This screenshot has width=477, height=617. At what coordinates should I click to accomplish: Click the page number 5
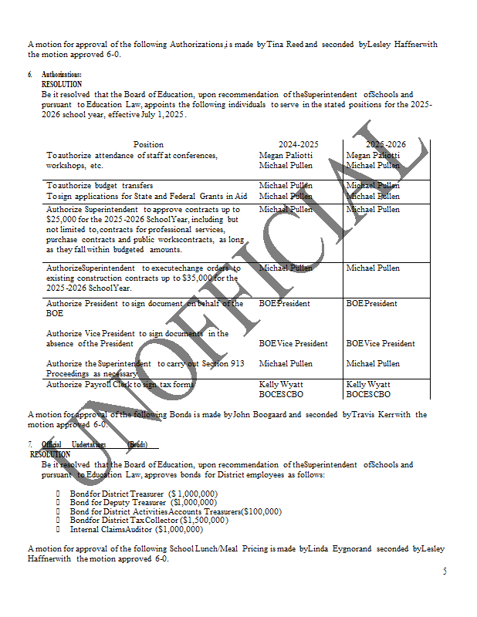(445, 571)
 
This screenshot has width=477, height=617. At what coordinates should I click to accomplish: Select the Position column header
(148, 144)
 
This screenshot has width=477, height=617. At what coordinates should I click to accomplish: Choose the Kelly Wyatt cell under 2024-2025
(281, 384)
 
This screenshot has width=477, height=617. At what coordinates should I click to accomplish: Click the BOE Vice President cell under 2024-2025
(293, 343)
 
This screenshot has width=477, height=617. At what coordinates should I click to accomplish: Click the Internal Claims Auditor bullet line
(137, 530)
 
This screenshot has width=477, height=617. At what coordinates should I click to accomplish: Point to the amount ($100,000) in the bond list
(261, 511)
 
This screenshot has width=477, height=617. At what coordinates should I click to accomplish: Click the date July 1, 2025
(162, 115)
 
